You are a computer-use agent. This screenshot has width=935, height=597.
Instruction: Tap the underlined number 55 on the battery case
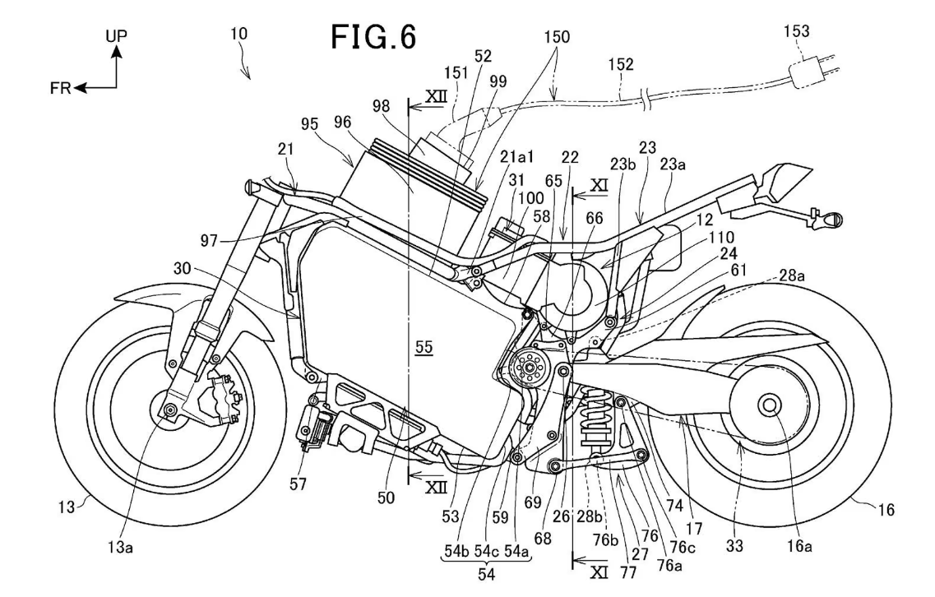click(424, 349)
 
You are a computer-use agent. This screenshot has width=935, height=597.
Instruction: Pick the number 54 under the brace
click(487, 575)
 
